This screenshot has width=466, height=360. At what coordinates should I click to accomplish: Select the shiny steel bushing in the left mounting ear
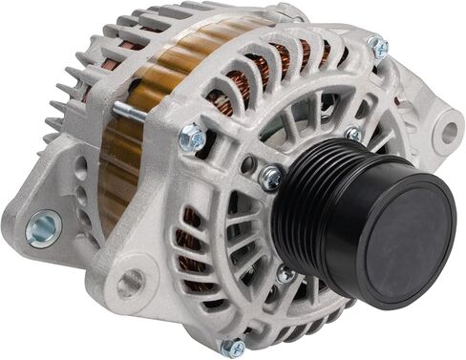[43, 228]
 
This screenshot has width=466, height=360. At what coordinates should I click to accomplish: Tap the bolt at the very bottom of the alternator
[231, 346]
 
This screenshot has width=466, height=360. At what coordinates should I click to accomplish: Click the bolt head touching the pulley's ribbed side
[271, 177]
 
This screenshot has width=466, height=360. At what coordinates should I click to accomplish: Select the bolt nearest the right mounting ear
[379, 47]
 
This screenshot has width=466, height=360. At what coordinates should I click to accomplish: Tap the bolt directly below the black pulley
[285, 273]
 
